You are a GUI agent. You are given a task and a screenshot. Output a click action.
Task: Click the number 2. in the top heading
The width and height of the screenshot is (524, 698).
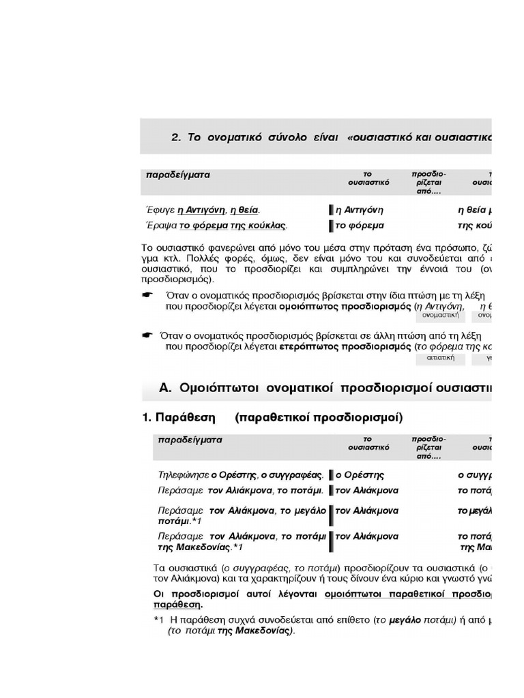(x=176, y=137)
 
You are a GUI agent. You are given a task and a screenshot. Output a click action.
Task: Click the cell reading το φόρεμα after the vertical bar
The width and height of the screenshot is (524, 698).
(x=360, y=226)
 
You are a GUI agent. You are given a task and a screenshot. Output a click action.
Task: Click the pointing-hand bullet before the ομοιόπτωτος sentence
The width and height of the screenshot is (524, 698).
(x=147, y=295)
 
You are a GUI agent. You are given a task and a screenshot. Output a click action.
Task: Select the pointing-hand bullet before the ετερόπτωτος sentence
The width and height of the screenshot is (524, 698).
(x=147, y=335)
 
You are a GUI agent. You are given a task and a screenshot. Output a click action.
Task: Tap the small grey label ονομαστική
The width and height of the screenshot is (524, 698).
(x=441, y=316)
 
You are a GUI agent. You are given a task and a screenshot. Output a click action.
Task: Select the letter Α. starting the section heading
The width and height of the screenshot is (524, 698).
(x=165, y=388)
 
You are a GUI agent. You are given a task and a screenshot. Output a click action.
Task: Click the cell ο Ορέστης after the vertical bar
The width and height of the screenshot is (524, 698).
(x=360, y=474)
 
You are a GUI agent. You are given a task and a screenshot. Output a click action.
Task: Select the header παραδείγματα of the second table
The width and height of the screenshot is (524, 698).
(x=190, y=440)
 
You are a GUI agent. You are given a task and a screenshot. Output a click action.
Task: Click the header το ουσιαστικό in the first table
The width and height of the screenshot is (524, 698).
(x=368, y=179)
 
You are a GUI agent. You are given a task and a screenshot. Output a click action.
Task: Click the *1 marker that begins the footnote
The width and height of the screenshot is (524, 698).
(x=159, y=620)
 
